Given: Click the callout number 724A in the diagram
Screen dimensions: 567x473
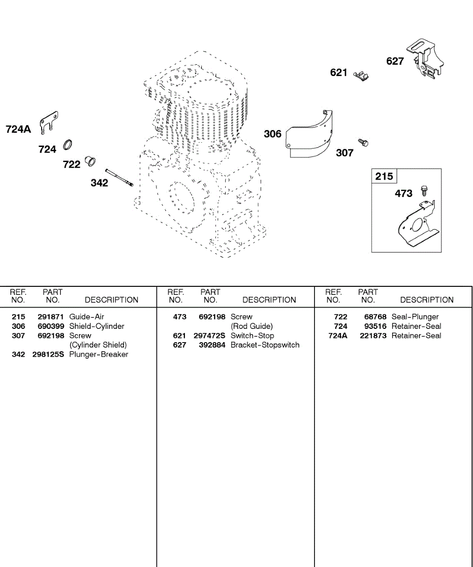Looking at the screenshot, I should pyautogui.click(x=18, y=129).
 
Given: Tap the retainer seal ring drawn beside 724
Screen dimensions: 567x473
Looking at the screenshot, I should pyautogui.click(x=68, y=144).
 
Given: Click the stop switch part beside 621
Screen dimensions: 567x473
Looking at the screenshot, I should pyautogui.click(x=362, y=75).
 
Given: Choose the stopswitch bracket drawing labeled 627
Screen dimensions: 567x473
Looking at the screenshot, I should pyautogui.click(x=426, y=60).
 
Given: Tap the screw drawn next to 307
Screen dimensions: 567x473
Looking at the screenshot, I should pyautogui.click(x=363, y=142).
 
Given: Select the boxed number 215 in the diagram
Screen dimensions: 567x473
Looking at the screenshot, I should pyautogui.click(x=384, y=177).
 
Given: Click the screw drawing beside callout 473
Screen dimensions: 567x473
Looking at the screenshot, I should pyautogui.click(x=424, y=190).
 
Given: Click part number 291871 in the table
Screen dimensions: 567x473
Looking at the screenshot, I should pyautogui.click(x=51, y=317).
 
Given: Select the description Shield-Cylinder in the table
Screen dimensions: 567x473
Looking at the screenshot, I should pyautogui.click(x=96, y=326).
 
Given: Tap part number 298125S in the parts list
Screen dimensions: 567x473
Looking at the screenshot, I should pyautogui.click(x=48, y=354).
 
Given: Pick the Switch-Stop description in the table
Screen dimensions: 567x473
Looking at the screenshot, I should pyautogui.click(x=252, y=336).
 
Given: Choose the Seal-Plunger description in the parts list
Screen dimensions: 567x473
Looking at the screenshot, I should pyautogui.click(x=415, y=317).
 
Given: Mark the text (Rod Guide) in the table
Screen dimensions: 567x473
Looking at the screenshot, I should pyautogui.click(x=252, y=326).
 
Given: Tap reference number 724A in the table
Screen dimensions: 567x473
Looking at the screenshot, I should pyautogui.click(x=338, y=336).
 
